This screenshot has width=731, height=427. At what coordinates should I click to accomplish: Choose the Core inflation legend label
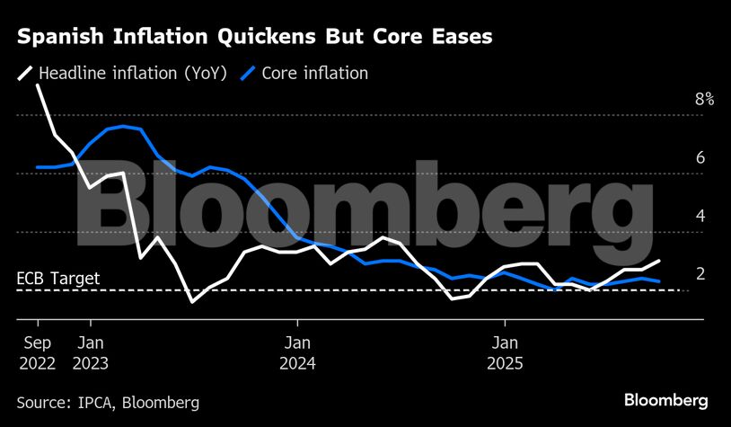tap(314, 73)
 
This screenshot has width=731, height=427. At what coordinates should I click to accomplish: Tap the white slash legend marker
tap(24, 73)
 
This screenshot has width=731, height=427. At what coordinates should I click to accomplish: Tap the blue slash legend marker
tap(248, 73)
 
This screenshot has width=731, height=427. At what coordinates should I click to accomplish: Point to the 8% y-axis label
tap(704, 100)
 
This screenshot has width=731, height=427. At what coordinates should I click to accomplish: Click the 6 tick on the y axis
tap(700, 158)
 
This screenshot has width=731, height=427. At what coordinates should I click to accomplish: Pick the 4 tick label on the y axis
tap(700, 217)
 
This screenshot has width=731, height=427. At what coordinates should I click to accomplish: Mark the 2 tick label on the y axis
tap(700, 274)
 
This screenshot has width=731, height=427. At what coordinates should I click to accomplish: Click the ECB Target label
tap(58, 279)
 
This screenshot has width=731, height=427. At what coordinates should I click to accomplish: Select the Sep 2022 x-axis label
tap(37, 352)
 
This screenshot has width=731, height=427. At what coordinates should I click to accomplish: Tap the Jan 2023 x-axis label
tap(91, 352)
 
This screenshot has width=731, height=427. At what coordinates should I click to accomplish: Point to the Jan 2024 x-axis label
tap(298, 352)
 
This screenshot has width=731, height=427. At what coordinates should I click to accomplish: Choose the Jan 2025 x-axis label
tap(506, 352)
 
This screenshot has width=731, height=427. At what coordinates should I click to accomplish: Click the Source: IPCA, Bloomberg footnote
tap(108, 401)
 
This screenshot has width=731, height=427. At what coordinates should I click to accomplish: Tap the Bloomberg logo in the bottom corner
tap(665, 400)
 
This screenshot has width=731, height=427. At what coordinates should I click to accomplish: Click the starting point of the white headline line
tap(37, 85)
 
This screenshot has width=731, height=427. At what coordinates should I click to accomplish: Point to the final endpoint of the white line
tap(660, 261)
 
